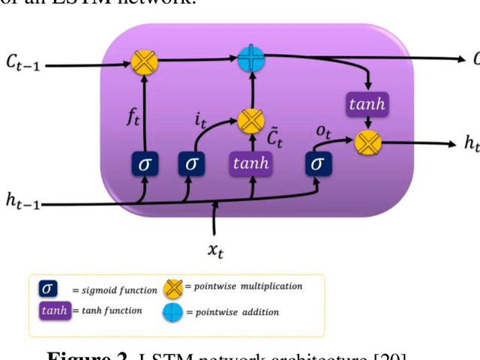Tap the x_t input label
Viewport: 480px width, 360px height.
(x=216, y=250)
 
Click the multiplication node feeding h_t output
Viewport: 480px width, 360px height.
(x=367, y=141)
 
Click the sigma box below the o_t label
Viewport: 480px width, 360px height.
(x=318, y=163)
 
